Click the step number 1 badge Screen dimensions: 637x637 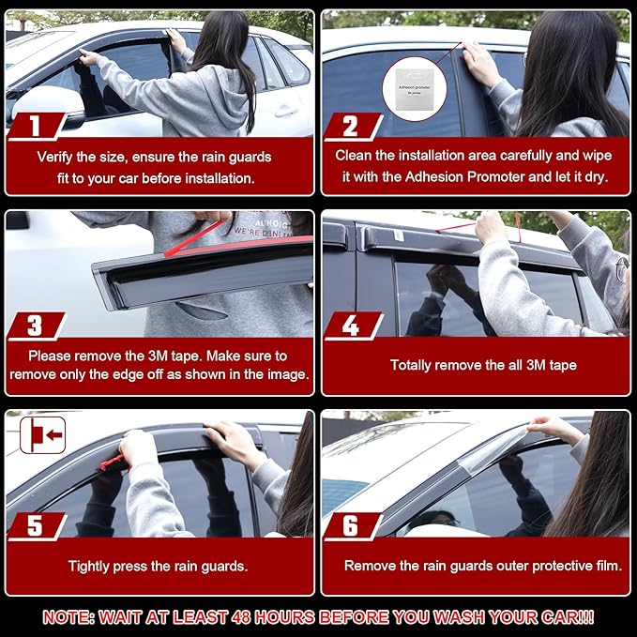click(36, 126)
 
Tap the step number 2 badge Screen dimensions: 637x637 click(352, 126)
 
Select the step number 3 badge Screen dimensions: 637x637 click(36, 326)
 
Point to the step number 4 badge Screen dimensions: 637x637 click(352, 326)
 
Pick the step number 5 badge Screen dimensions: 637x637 click(36, 526)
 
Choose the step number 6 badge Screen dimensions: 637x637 click(352, 526)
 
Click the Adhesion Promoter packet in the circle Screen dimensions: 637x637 click(415, 89)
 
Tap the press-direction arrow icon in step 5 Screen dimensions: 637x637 click(42, 435)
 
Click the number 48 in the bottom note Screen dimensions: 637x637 click(241, 617)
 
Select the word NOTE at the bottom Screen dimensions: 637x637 click(68, 617)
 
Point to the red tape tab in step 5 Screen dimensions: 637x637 click(112, 463)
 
